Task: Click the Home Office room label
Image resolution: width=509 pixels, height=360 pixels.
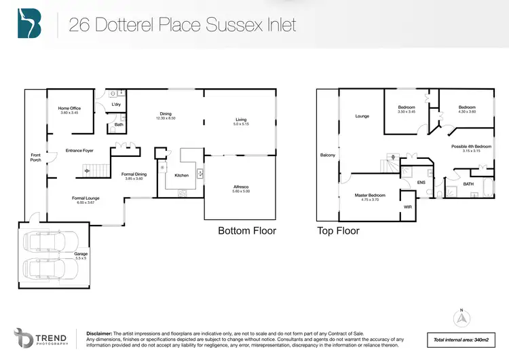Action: (x=70, y=108)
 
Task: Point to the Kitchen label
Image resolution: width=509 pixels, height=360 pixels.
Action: (x=181, y=175)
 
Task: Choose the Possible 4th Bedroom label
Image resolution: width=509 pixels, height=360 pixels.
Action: (x=471, y=147)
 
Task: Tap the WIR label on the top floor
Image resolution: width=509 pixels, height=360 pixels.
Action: (x=407, y=206)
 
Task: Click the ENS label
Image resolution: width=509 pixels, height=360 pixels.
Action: (x=420, y=182)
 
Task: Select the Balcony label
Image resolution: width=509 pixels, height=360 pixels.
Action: (x=328, y=156)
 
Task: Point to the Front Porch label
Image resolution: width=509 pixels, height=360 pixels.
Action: (x=36, y=158)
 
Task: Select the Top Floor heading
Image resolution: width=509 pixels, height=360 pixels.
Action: (x=338, y=231)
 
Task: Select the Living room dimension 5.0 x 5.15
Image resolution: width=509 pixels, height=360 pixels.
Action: (x=242, y=124)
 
